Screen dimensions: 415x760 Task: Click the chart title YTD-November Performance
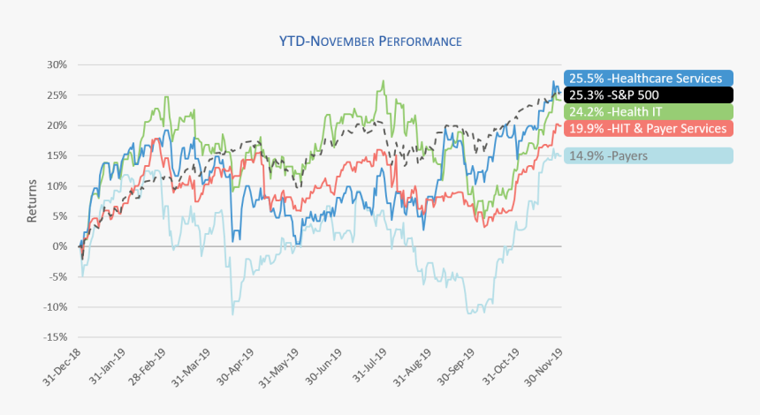click(371, 41)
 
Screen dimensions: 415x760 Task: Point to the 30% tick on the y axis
click(57, 64)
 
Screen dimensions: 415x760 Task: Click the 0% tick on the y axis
click(60, 246)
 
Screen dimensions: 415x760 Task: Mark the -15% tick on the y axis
click(55, 337)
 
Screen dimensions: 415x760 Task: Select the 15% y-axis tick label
click(57, 155)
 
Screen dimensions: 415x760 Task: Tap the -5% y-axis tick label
click(57, 276)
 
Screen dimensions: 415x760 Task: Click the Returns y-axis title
click(32, 201)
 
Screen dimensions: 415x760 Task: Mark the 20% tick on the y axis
click(57, 125)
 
